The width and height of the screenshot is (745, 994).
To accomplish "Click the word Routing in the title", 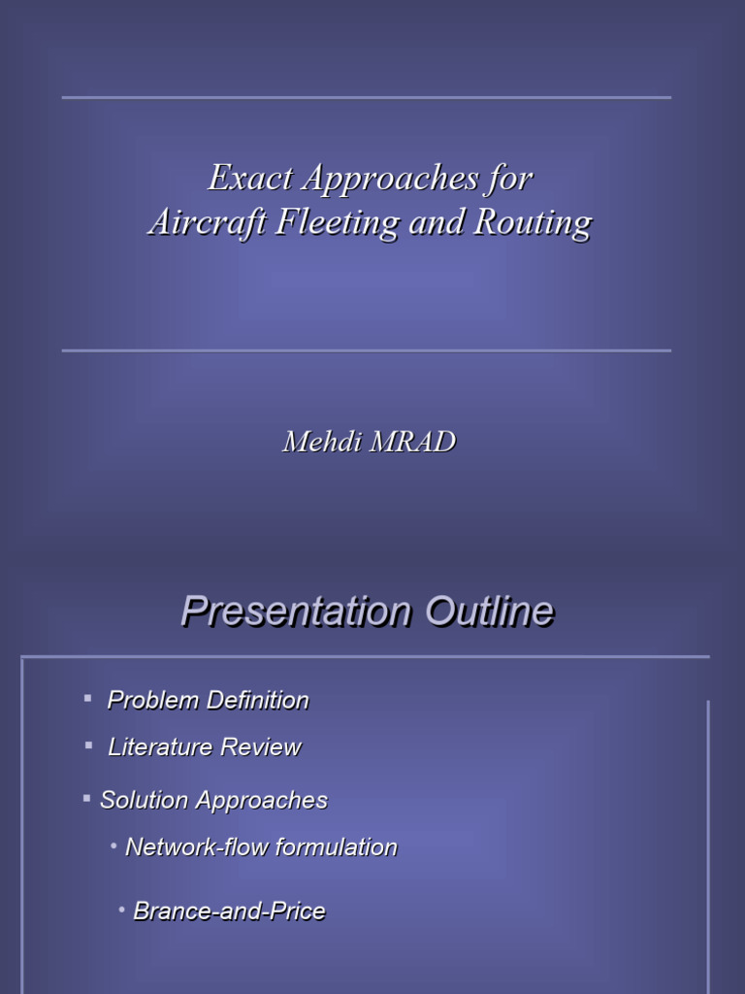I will pyautogui.click(x=532, y=223).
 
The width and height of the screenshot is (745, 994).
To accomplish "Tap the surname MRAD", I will pyautogui.click(x=412, y=443).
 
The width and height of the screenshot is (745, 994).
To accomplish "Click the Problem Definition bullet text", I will pyautogui.click(x=208, y=700).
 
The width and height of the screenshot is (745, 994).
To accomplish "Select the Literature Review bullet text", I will pyautogui.click(x=204, y=746).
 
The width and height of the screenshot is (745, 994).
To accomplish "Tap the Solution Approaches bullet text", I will pyautogui.click(x=213, y=800).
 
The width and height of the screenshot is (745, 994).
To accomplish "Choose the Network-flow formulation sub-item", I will pyautogui.click(x=261, y=846).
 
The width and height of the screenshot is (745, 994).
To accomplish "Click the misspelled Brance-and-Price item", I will pyautogui.click(x=229, y=911).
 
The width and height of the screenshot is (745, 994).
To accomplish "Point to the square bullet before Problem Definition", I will pyautogui.click(x=87, y=697).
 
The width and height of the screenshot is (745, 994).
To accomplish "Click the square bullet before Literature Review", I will pyautogui.click(x=88, y=745).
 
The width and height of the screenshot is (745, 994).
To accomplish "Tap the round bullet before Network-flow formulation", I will pyautogui.click(x=114, y=846).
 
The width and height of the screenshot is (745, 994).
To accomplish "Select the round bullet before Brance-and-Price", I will pyautogui.click(x=122, y=910).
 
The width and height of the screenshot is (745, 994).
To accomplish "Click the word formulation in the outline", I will pyautogui.click(x=340, y=846).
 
